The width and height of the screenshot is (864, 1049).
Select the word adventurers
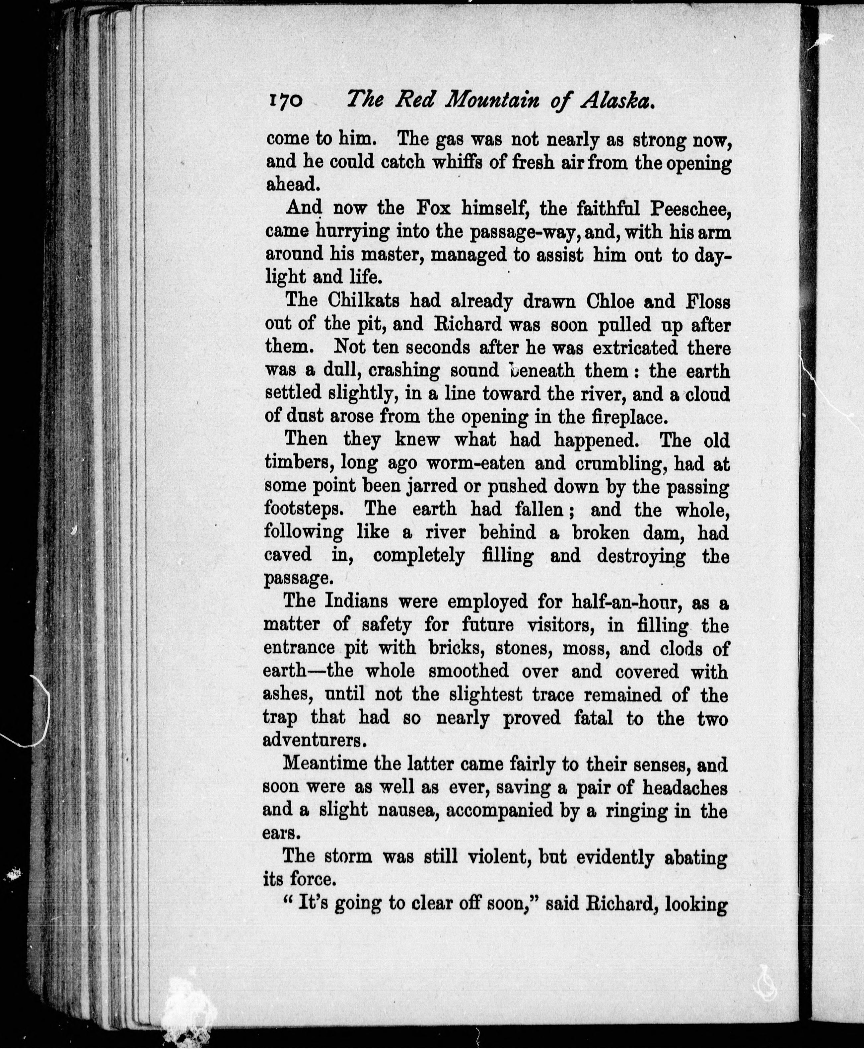(x=315, y=740)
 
